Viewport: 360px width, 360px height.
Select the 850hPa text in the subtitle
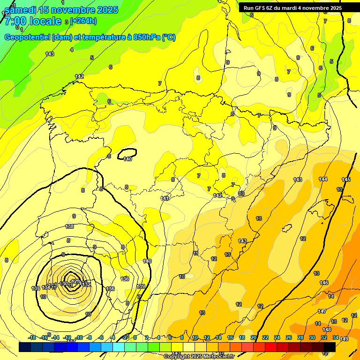[144, 37]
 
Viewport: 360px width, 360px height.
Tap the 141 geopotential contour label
[165, 198]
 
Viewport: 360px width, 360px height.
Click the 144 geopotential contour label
[323, 179]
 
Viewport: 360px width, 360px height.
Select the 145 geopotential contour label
[346, 180]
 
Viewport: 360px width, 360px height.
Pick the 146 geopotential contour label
[324, 283]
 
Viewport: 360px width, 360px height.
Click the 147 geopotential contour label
[322, 311]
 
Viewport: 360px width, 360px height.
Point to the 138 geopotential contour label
[70, 226]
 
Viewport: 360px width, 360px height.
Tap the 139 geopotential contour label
[141, 286]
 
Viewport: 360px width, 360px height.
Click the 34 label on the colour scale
[335, 337]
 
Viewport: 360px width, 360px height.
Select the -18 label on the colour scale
[32, 337]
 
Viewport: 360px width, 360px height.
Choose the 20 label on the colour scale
[254, 337]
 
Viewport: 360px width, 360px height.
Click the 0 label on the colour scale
[135, 337]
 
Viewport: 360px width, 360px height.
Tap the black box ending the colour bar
[329, 347]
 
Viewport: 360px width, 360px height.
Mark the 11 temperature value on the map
[195, 253]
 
